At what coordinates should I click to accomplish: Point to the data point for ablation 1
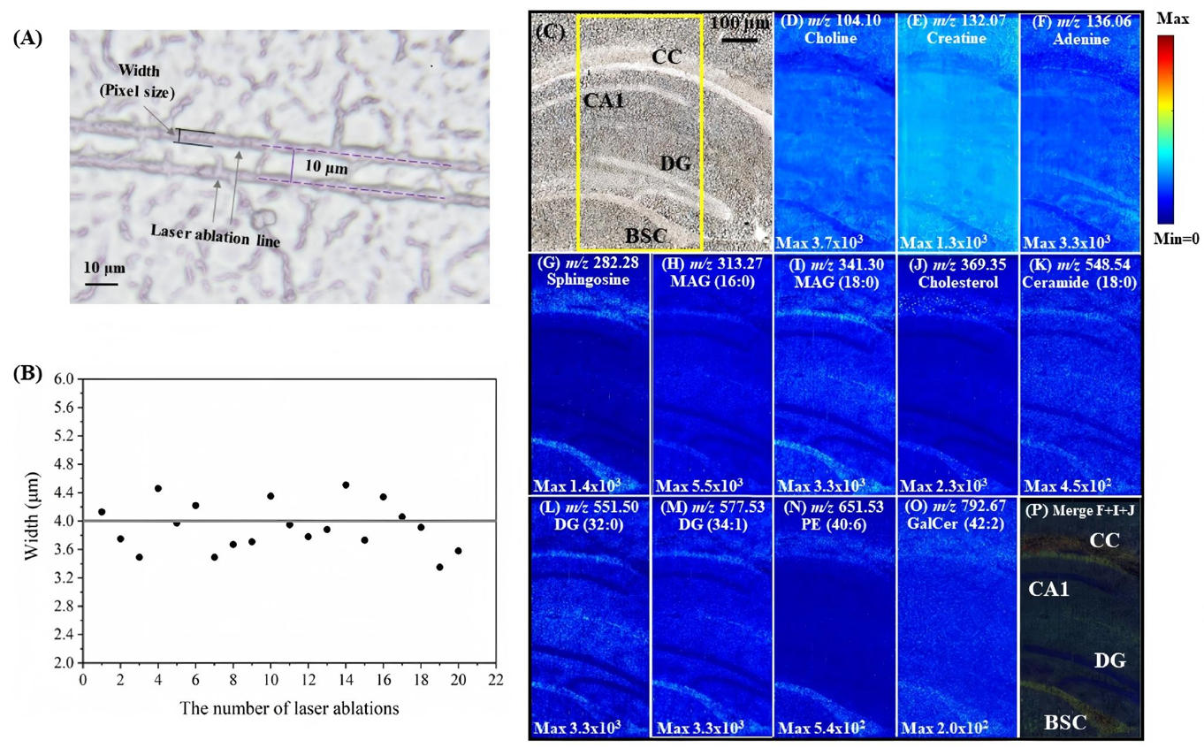(x=102, y=512)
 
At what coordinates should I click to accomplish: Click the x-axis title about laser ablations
(x=289, y=708)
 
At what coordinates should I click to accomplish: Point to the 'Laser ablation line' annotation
(x=216, y=233)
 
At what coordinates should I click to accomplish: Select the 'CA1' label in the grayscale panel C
(x=604, y=101)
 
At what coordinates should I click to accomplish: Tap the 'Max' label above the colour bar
(x=1171, y=18)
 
